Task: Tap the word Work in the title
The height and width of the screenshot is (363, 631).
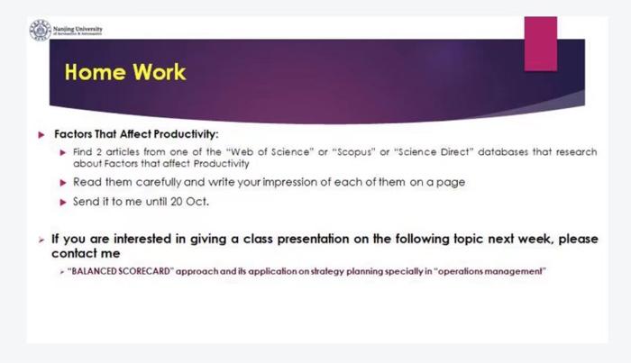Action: pos(160,72)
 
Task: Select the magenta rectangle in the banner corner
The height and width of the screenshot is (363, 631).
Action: pos(540,42)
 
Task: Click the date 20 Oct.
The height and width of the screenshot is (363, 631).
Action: pos(190,200)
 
